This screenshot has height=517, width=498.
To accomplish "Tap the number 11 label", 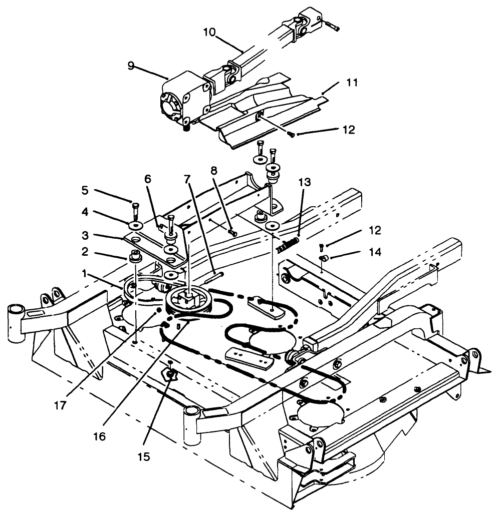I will (x=352, y=83).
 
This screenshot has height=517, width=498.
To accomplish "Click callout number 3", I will (x=86, y=234).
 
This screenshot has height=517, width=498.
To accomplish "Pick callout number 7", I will (x=187, y=178).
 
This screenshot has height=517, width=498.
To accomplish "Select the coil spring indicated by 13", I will (x=287, y=245).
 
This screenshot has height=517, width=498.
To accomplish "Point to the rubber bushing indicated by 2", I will (x=134, y=257).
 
